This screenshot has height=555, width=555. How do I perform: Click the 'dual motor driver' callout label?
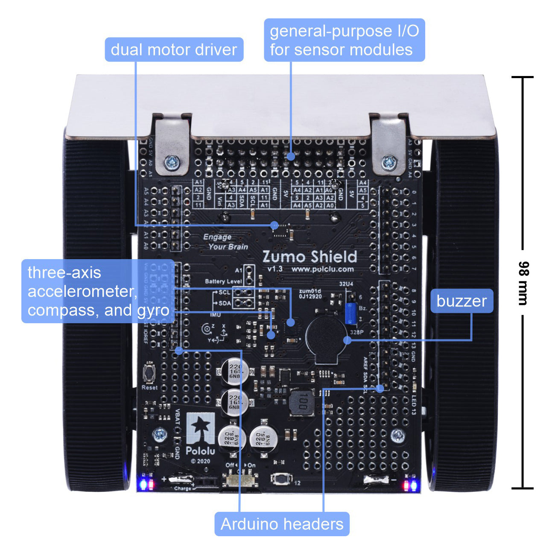pos(174,50)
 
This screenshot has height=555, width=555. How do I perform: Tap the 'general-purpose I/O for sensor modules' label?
pos(344,40)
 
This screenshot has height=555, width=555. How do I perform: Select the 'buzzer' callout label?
pos(462,301)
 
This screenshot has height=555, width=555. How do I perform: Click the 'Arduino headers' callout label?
pos(282,524)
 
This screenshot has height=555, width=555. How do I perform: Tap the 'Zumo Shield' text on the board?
pos(310,257)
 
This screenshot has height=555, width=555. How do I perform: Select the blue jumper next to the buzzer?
pos(351,313)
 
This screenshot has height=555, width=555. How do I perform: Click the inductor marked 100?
pos(301,402)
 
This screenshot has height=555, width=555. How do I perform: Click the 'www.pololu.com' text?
pos(322,269)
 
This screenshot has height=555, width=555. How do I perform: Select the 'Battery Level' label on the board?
pos(223,281)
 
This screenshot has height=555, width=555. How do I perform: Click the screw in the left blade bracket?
pos(172,161)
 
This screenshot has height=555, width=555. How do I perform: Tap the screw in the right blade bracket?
pos(389,161)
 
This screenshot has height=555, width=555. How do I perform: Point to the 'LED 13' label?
pos(414,405)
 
